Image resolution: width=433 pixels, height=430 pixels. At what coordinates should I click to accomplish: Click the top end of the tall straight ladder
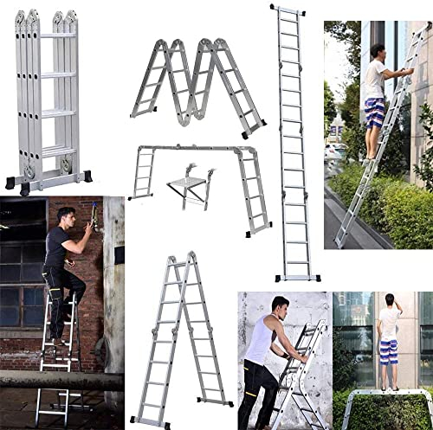pyautogui.click(x=286, y=10)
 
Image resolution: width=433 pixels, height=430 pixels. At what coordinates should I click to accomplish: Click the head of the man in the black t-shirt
pyautogui.click(x=65, y=215)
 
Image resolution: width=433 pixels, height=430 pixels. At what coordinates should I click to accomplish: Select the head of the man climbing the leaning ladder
pyautogui.click(x=378, y=51)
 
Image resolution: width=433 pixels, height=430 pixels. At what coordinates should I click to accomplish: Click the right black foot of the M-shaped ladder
pyautogui.click(x=252, y=133)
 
